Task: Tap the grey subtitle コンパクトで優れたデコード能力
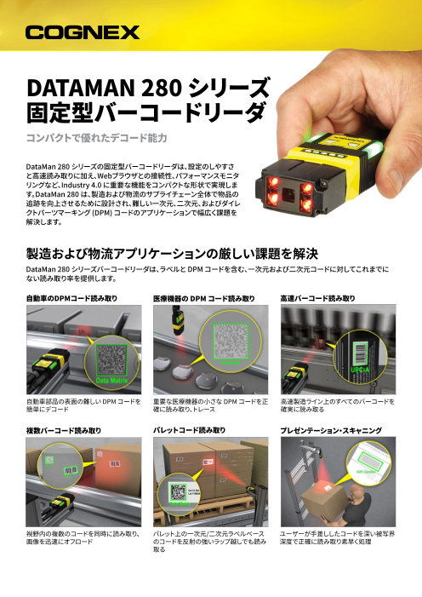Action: tap(94, 137)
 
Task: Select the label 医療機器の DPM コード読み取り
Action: tap(203, 297)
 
